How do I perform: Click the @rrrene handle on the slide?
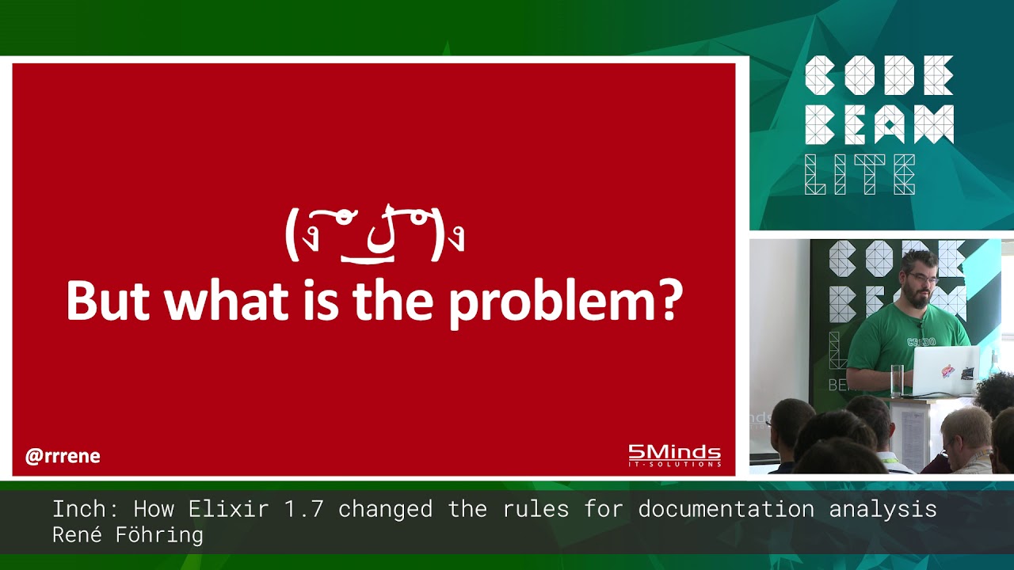click(x=63, y=457)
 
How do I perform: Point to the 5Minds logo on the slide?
click(x=674, y=455)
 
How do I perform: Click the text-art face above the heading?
click(x=374, y=234)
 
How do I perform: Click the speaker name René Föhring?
click(x=128, y=535)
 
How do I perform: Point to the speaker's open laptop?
click(x=946, y=370)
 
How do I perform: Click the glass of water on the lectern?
click(x=896, y=380)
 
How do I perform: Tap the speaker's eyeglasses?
click(x=922, y=279)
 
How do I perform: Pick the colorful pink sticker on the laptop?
click(x=946, y=370)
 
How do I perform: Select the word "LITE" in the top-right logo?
click(x=860, y=174)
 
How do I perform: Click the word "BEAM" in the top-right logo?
click(x=879, y=125)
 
